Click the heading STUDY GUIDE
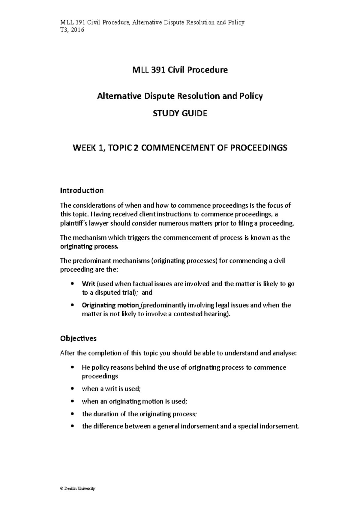coord(180,114)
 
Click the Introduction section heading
coord(82,190)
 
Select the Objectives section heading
coord(78,338)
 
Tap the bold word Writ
coord(88,284)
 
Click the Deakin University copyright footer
coord(77,489)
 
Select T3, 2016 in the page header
coord(72,30)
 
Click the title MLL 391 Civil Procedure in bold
coord(180,70)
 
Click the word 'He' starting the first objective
coord(85,368)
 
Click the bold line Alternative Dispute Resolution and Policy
coord(180,96)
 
